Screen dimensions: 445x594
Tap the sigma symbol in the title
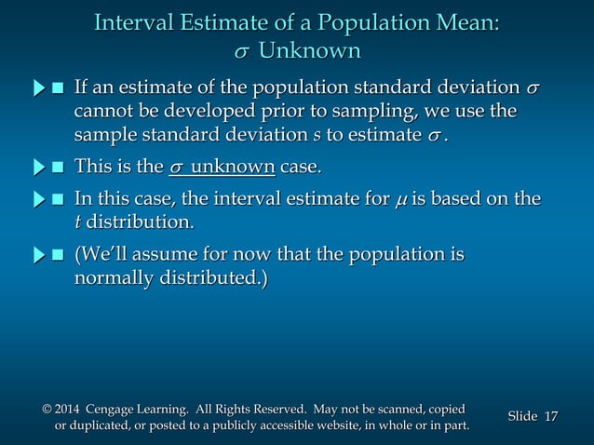(x=241, y=50)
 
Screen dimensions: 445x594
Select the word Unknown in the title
(x=309, y=49)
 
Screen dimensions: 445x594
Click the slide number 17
(x=549, y=416)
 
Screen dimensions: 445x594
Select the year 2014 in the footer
(x=68, y=410)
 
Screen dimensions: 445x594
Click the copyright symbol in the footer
(x=47, y=410)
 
